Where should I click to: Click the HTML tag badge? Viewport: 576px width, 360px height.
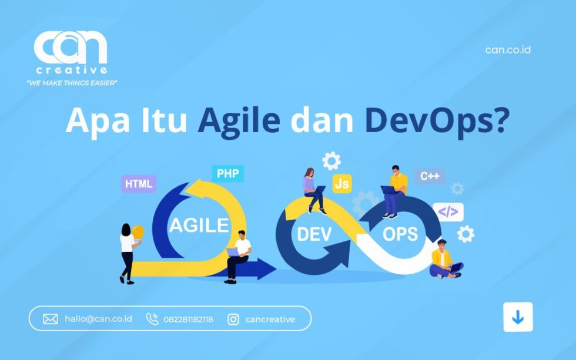point(139,184)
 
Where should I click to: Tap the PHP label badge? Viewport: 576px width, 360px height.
point(227,174)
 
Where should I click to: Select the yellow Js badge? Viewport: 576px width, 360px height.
point(341,183)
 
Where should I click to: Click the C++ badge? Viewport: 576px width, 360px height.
point(430,176)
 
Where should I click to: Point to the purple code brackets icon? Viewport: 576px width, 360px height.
point(448,212)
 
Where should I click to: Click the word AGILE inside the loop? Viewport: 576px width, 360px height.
point(199,224)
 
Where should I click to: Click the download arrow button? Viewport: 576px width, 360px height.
point(518,317)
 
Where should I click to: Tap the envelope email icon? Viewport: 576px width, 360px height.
point(51,319)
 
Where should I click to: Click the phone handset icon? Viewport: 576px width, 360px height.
point(152,319)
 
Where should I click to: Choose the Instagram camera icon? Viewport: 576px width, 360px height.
point(233,319)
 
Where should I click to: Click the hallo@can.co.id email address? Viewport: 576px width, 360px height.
point(98,319)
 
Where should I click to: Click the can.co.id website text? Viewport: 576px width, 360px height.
point(508,50)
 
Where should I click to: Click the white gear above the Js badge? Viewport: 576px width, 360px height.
point(331,160)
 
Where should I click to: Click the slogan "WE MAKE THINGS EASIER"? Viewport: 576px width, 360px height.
point(72,83)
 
